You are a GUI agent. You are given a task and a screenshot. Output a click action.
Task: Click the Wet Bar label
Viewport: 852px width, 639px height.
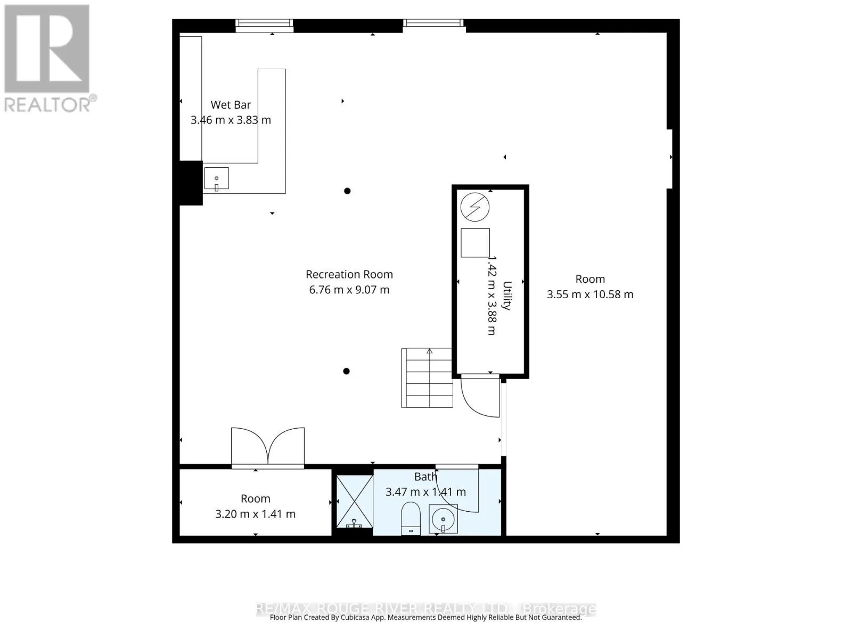point(231,105)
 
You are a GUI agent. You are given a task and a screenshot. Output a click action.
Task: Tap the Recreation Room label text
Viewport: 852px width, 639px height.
point(349,274)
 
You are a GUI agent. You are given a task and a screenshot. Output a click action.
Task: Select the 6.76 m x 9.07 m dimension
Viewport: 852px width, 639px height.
point(349,290)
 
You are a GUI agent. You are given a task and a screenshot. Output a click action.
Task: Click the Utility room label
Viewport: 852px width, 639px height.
point(507,295)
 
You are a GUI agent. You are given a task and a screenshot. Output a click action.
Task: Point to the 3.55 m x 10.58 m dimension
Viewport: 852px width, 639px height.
point(590,294)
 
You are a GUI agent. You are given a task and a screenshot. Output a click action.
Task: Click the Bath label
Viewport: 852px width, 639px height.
point(425,477)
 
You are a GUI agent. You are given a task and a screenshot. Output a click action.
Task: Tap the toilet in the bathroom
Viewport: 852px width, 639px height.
point(410,519)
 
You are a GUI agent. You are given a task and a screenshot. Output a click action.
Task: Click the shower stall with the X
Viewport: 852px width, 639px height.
point(354,501)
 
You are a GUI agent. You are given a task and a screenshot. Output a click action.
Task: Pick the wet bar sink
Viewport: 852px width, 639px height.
point(216,178)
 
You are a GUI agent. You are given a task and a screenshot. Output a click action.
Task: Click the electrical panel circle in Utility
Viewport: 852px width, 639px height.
point(474,207)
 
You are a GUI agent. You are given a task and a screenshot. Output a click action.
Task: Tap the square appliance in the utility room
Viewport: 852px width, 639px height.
point(475,243)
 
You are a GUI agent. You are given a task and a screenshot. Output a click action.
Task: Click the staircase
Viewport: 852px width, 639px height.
point(427,378)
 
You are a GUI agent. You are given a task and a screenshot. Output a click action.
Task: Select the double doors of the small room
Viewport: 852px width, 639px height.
point(268,447)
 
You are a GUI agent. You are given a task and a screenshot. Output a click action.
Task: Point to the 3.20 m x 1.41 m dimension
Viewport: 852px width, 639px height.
point(256,514)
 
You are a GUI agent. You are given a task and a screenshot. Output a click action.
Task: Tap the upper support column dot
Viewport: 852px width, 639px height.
point(347,191)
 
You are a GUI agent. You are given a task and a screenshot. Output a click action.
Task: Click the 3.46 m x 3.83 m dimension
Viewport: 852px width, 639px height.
point(231,120)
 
